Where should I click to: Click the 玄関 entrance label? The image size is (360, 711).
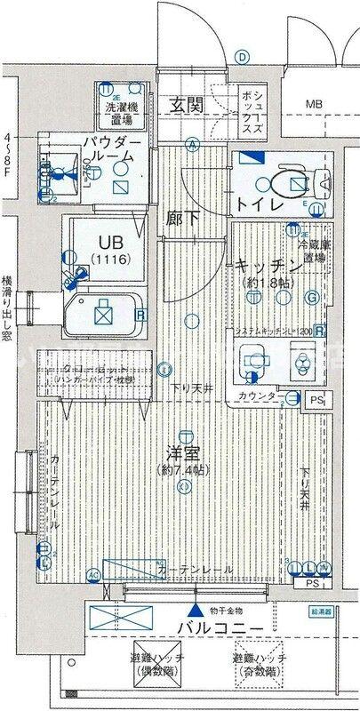coord(188,104)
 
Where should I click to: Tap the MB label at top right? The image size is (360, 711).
coord(314,105)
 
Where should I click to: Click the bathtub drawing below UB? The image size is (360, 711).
coord(105,312)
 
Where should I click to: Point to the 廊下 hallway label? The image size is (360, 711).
coord(181,217)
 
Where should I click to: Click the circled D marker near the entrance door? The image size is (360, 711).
coord(241,56)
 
